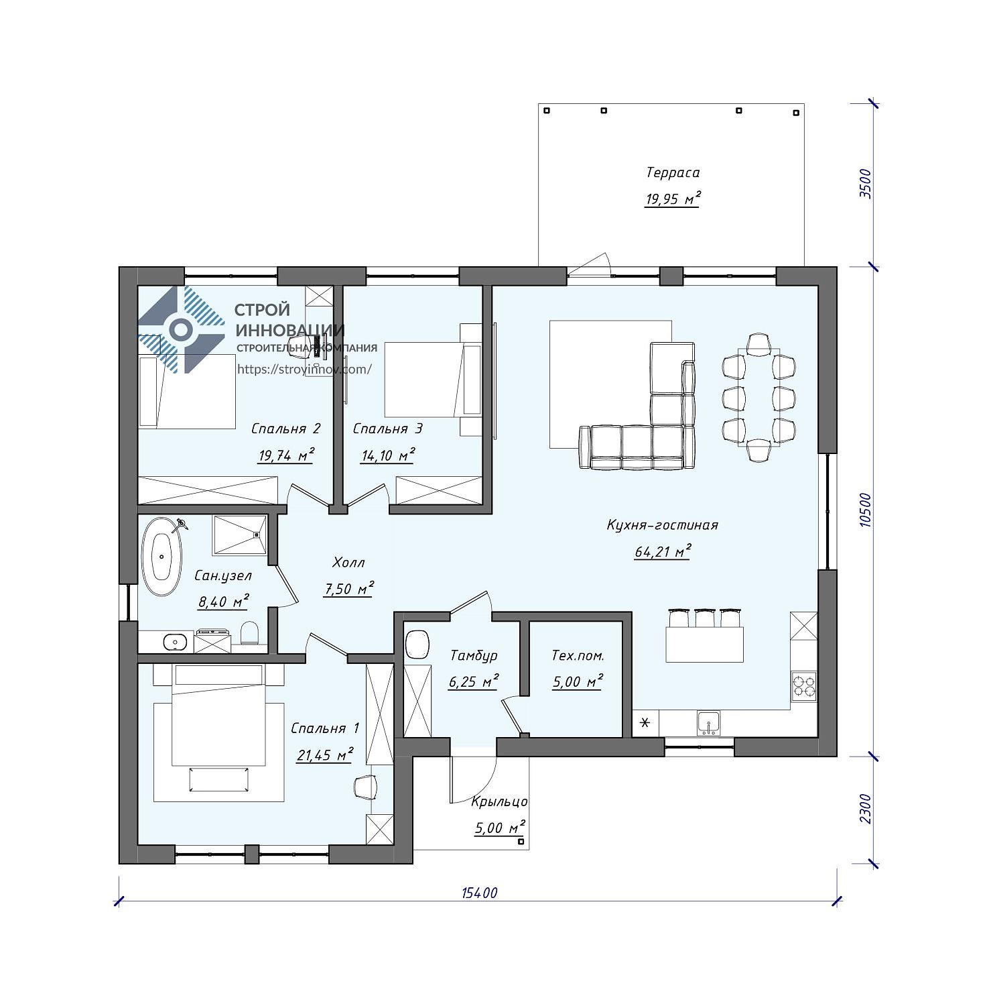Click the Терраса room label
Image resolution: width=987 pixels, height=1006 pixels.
[x=673, y=172]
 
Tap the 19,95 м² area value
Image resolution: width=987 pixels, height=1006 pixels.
[x=673, y=199]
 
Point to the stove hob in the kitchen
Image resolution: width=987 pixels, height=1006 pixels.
[x=804, y=686]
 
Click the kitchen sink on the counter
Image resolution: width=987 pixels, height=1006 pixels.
[x=708, y=723]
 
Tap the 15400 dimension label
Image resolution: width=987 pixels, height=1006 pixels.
[x=480, y=893]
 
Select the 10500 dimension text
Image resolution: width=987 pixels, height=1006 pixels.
[x=865, y=510]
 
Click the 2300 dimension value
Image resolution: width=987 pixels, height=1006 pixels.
[x=865, y=809]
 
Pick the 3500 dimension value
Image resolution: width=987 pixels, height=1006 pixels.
[x=865, y=184]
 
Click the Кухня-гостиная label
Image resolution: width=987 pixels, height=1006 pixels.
[x=662, y=525]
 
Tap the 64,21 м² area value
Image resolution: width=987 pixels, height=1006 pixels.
[x=662, y=552]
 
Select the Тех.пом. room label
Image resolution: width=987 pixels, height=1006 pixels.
[x=578, y=655]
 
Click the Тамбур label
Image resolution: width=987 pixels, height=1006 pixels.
[x=474, y=655]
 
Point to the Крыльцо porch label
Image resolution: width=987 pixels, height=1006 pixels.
[x=499, y=801]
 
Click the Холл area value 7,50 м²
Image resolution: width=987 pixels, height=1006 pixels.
[x=348, y=590]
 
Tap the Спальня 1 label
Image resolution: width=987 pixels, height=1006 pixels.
[x=325, y=728]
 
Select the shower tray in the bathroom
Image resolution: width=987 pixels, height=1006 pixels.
[x=239, y=535]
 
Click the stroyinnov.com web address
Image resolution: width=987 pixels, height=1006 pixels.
[x=304, y=369]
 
